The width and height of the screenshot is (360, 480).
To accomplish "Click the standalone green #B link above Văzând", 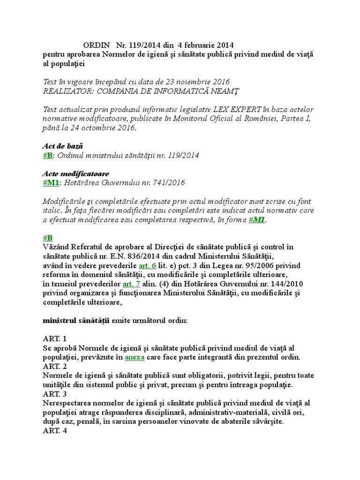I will coord(47,238).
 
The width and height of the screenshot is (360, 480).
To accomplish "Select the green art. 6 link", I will coord(148,266).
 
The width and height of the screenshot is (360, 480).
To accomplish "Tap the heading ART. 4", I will coord(55,431).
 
